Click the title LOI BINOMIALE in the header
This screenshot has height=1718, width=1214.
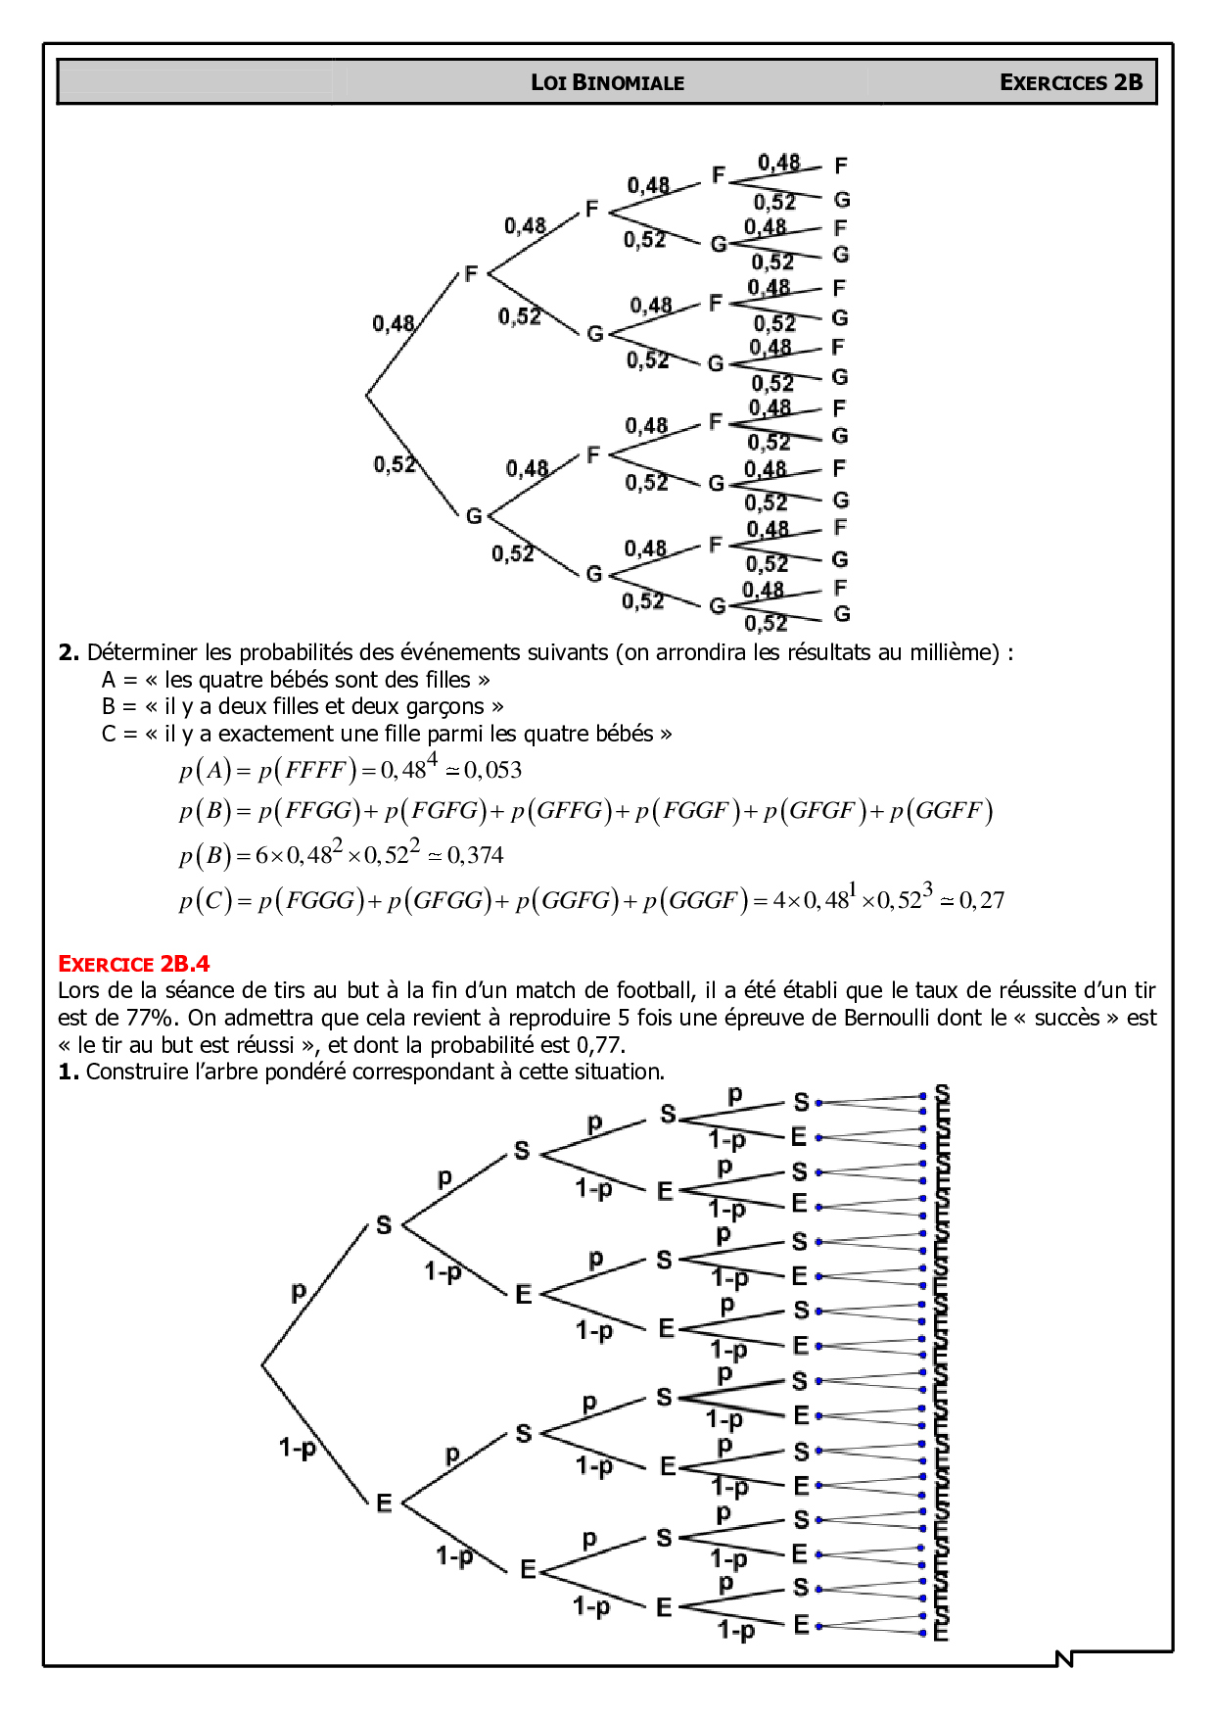(x=607, y=82)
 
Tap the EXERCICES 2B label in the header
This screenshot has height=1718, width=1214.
(x=1071, y=82)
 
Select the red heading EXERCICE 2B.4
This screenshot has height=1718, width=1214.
(x=133, y=964)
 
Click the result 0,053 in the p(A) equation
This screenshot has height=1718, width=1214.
(x=493, y=771)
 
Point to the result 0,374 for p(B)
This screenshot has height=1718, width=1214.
(x=476, y=856)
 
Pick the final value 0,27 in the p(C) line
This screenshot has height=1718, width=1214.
(x=982, y=900)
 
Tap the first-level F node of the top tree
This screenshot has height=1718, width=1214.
(x=471, y=274)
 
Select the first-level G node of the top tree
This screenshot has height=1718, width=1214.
(x=474, y=515)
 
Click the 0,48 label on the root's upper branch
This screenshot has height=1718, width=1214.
(x=393, y=323)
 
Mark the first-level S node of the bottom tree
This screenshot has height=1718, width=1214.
(x=384, y=1224)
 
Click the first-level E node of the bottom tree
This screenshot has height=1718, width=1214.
(x=384, y=1503)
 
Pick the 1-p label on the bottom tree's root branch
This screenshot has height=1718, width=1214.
(x=297, y=1447)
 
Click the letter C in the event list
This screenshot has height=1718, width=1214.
(x=109, y=734)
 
